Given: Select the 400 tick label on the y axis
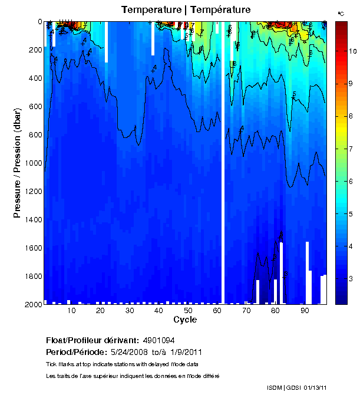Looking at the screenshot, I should tap(34, 78).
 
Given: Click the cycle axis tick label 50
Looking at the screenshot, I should tap(187, 311).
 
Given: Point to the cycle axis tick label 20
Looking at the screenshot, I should tap(100, 311).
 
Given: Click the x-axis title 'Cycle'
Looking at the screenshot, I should tap(185, 320).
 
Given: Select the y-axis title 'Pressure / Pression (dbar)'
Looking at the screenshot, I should tap(18, 163).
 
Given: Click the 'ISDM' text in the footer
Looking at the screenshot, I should tap(275, 387).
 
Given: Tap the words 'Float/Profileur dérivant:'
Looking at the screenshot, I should tap(91, 341).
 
